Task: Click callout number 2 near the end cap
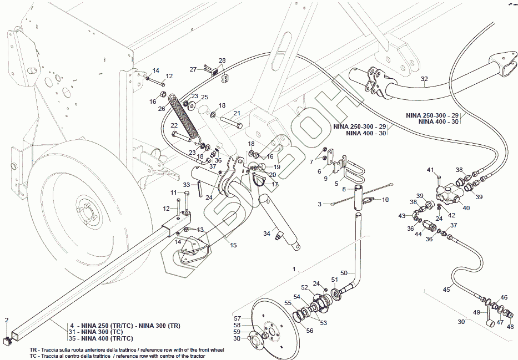(7, 320)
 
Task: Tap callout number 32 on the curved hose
(424, 79)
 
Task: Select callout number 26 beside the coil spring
(162, 109)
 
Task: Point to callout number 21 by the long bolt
(237, 113)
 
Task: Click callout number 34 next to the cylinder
(266, 233)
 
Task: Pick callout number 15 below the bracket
(233, 245)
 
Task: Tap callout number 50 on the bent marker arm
(344, 273)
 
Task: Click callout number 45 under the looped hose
(446, 289)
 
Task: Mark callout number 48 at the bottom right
(510, 327)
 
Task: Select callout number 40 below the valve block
(466, 208)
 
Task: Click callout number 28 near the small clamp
(222, 60)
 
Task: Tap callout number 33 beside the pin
(187, 185)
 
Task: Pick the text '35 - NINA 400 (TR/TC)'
(101, 338)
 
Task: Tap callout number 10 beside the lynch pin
(385, 199)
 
